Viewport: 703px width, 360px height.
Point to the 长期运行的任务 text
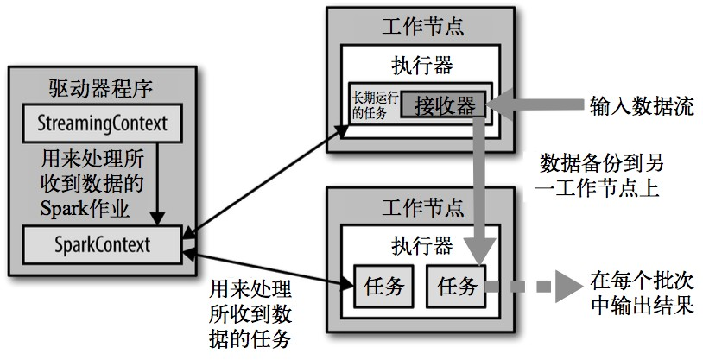point(373,104)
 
